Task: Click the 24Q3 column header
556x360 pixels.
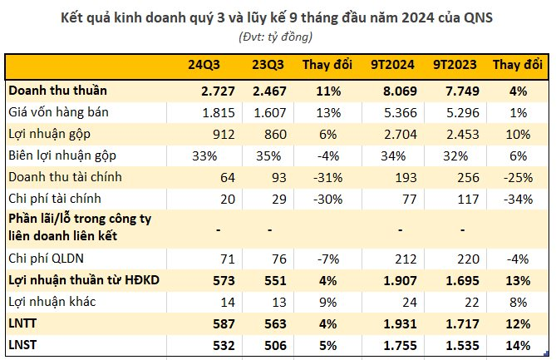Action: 204,65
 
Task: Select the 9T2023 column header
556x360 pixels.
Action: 455,65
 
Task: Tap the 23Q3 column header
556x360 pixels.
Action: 268,65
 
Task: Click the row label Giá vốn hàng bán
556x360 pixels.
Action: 58,112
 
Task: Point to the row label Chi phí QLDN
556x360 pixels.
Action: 46,259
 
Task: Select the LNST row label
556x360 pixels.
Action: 22,345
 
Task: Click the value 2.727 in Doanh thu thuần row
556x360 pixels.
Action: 218,91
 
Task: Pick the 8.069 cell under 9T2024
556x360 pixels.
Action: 400,91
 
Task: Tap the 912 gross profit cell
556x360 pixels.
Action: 224,135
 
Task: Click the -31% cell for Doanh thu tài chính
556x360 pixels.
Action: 328,178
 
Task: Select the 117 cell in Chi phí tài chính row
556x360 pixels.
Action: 469,200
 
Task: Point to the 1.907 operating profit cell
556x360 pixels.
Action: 400,281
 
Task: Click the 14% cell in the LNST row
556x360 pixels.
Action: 518,346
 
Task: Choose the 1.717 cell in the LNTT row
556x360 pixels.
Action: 462,323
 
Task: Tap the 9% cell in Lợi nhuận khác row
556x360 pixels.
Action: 328,302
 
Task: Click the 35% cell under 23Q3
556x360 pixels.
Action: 268,156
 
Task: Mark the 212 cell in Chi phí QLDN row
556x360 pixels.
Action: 406,259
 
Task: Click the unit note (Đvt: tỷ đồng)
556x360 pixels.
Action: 276,37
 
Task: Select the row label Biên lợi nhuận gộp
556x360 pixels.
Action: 62,155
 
